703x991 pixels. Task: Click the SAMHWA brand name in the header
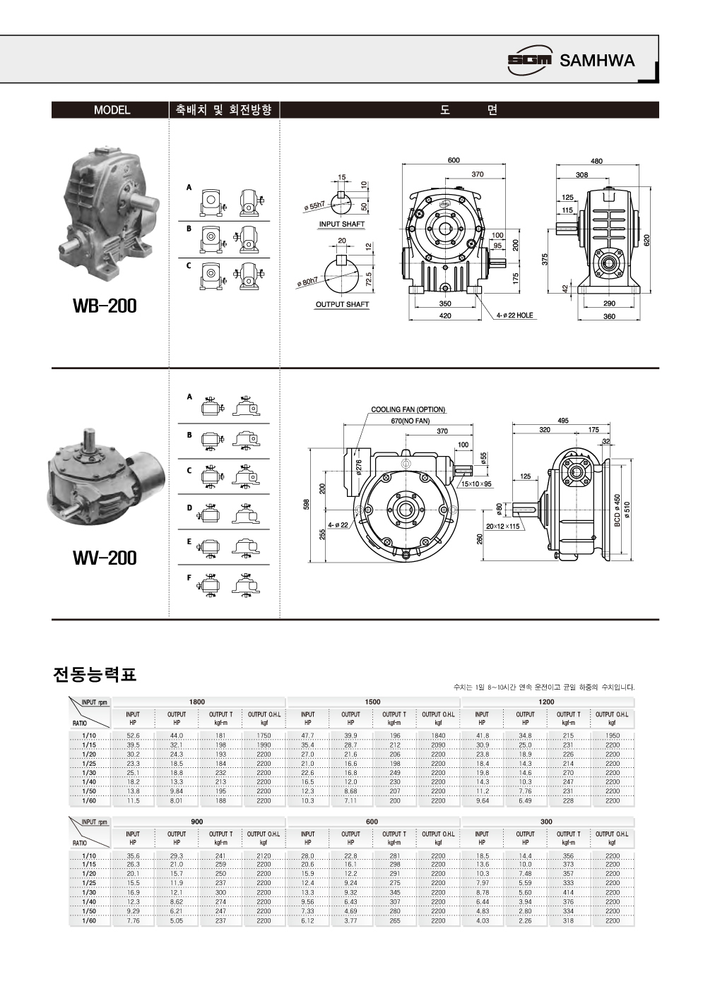point(597,61)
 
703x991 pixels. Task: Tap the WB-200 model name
point(105,306)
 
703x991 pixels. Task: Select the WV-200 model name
point(105,558)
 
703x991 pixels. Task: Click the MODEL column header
point(112,110)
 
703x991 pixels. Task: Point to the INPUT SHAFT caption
point(342,224)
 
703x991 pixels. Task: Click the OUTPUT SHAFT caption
point(342,305)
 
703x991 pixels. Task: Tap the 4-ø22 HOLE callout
point(514,316)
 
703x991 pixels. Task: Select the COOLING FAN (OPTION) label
point(408,409)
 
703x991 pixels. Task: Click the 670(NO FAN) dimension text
point(410,421)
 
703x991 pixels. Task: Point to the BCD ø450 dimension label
point(617,510)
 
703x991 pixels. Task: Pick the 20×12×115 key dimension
point(502,527)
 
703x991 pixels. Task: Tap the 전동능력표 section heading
point(94,675)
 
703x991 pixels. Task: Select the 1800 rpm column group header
point(197,702)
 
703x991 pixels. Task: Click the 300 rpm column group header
point(546,822)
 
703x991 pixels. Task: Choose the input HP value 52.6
point(133,735)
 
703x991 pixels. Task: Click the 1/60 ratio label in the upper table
point(89,800)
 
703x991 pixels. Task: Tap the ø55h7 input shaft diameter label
point(314,205)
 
